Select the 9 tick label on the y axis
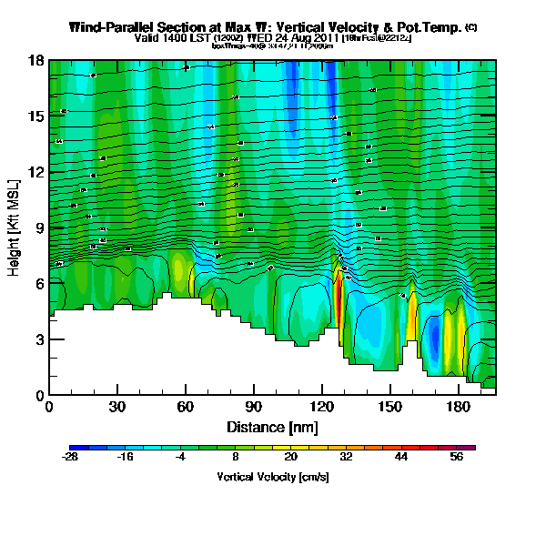39,227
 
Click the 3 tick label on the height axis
39,339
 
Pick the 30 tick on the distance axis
117,407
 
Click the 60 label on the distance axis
186,407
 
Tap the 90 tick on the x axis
254,407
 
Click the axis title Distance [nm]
271,426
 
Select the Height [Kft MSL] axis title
15,227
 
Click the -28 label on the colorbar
70,458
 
